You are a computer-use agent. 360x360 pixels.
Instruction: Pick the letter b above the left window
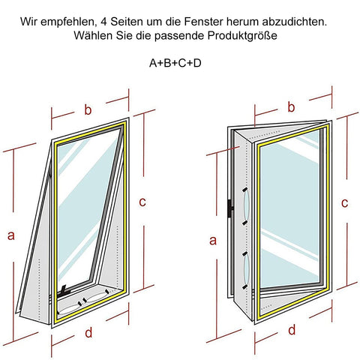pos(88,110)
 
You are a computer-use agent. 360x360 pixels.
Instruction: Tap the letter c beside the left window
pos(142,201)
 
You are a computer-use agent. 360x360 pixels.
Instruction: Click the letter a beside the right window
pos(213,241)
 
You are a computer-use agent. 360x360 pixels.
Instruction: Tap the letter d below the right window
pos(292,329)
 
